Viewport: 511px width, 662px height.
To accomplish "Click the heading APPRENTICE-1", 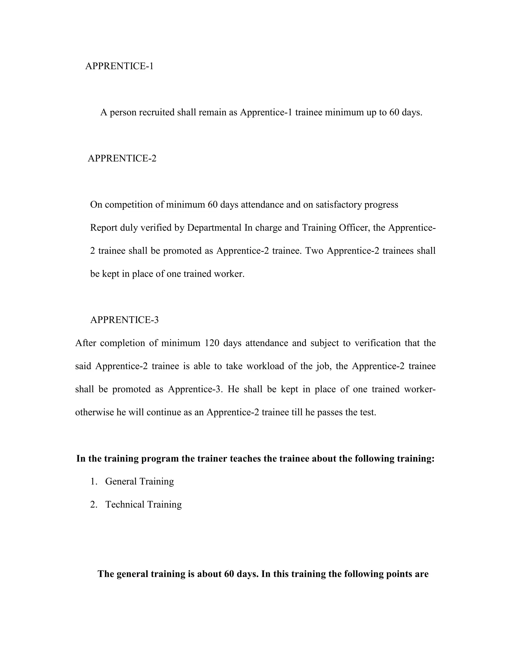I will (x=119, y=66).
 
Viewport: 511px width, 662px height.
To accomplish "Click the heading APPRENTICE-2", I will (x=122, y=158).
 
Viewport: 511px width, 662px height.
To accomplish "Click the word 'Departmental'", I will (x=214, y=228).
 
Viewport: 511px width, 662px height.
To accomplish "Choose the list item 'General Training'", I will (x=139, y=481).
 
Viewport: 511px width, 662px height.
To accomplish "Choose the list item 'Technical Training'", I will (x=143, y=504).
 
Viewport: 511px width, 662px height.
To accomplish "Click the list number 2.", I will (x=93, y=504).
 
